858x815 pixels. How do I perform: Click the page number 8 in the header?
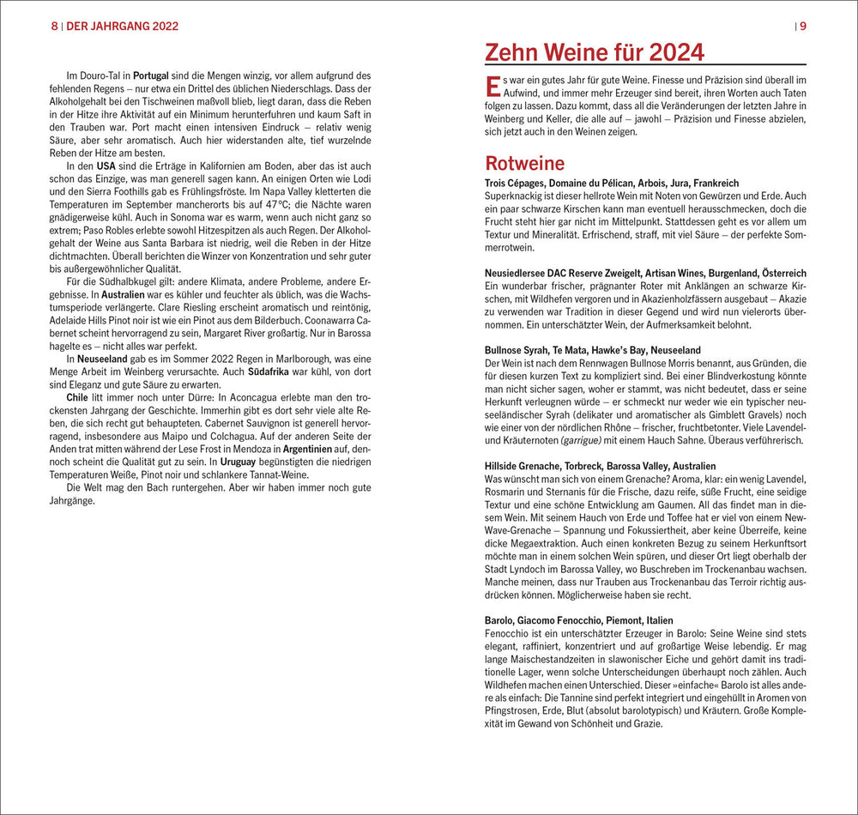coord(54,26)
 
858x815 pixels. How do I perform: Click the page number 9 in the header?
coord(803,26)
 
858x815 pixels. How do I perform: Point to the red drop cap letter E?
coord(492,86)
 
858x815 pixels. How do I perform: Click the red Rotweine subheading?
coord(524,163)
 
